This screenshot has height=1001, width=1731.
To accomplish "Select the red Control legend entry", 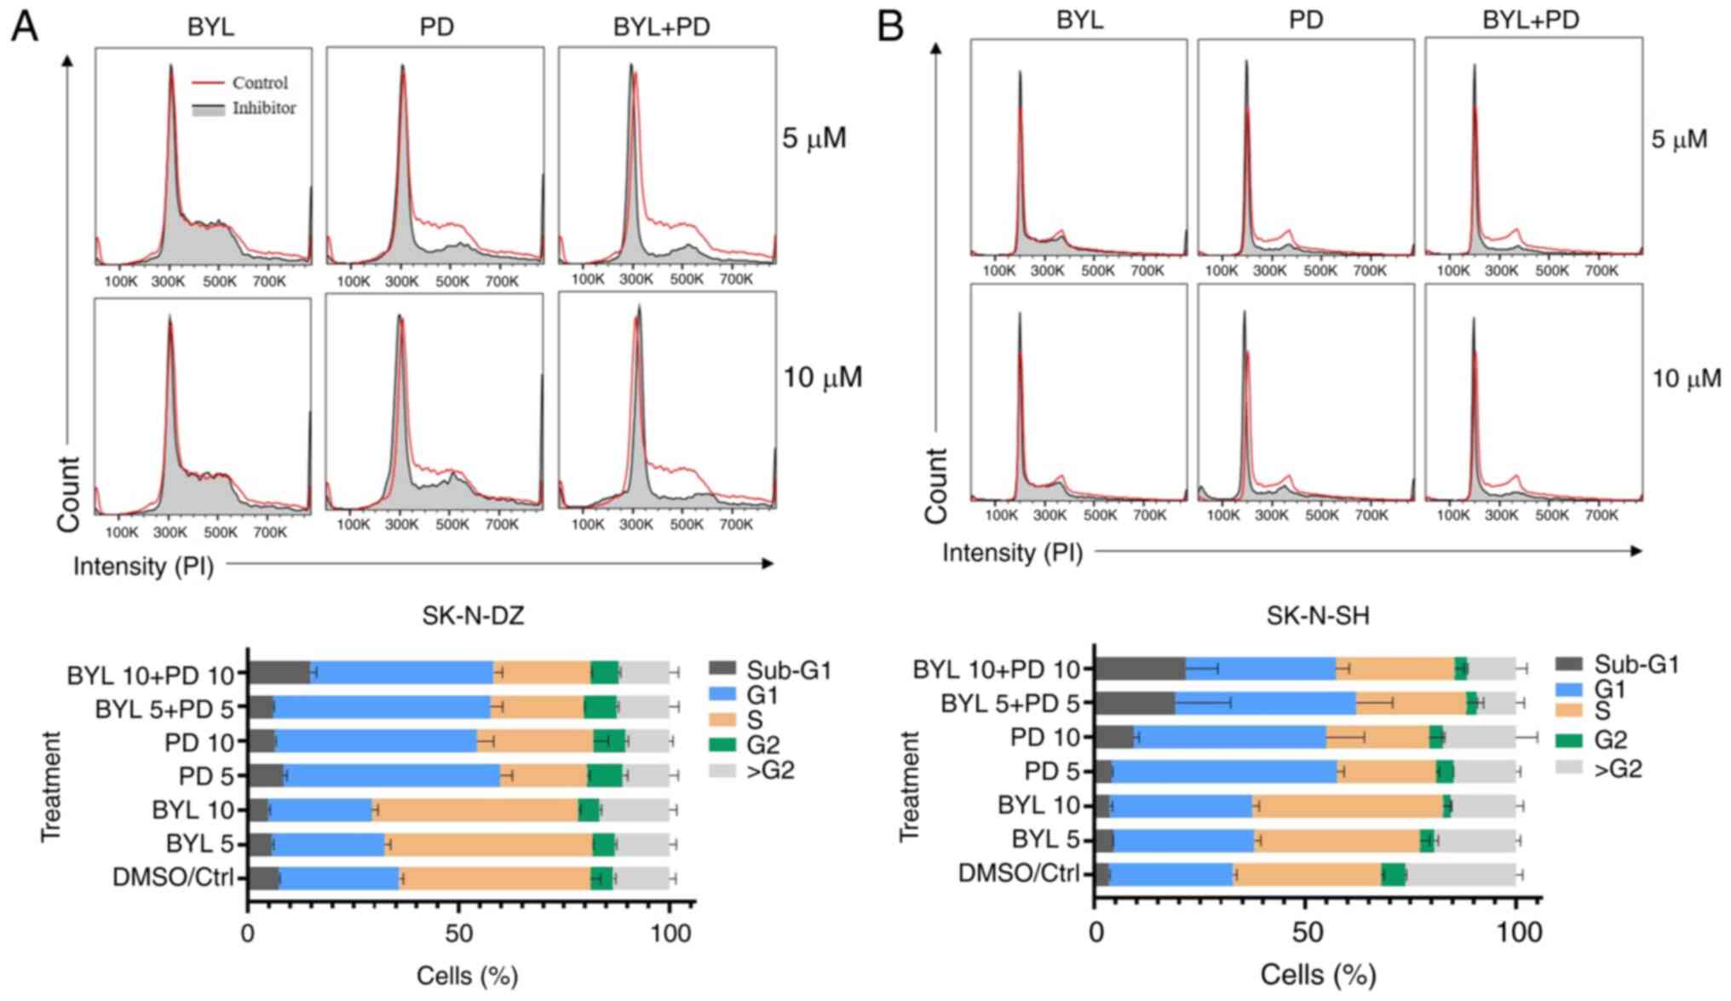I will (259, 83).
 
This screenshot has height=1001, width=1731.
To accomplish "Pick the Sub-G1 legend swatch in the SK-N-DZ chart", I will (722, 670).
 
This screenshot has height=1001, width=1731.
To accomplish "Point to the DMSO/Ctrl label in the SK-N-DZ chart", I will (173, 877).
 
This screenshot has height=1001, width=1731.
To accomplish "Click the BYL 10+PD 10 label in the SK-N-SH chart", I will (996, 669).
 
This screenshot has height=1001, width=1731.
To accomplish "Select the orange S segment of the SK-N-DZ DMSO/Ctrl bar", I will (494, 878).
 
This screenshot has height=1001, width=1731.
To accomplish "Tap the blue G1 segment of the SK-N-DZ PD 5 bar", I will (392, 775).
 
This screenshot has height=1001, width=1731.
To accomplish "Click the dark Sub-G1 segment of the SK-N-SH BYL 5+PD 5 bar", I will (1134, 703).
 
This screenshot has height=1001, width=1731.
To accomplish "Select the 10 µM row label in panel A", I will (822, 377).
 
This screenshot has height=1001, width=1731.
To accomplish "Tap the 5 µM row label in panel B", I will (1679, 139).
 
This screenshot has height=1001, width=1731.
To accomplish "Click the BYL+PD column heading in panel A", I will (661, 27).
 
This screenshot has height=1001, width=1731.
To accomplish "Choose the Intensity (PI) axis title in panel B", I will (1011, 552).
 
